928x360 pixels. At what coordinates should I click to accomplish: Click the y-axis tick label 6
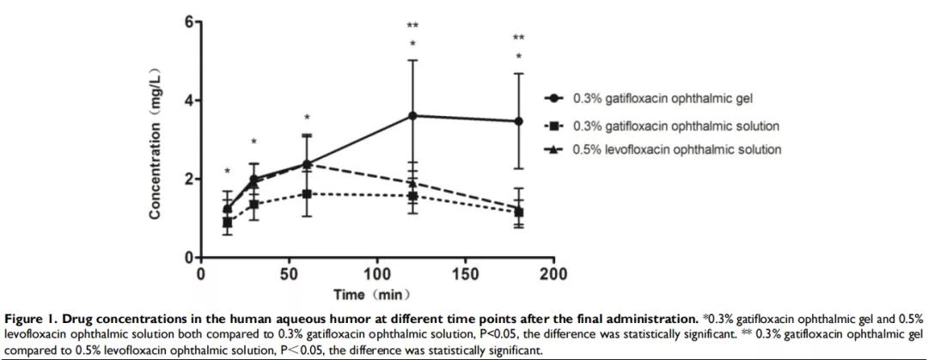click(x=186, y=21)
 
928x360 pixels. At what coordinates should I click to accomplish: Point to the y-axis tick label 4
click(x=186, y=101)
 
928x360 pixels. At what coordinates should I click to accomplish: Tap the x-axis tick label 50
click(x=289, y=274)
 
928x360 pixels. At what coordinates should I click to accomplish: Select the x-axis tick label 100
click(x=377, y=274)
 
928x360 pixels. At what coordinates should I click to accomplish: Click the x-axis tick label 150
click(x=466, y=274)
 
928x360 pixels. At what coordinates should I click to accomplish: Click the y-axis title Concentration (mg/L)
click(x=156, y=140)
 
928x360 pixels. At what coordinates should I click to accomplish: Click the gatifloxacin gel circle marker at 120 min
click(x=413, y=115)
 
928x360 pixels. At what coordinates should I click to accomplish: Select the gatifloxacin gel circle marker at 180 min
click(x=519, y=121)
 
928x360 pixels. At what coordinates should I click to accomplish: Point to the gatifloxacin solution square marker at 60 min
click(x=307, y=194)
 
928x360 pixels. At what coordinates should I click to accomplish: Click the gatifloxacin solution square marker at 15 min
click(x=228, y=223)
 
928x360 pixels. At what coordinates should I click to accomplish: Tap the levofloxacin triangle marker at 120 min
click(x=413, y=182)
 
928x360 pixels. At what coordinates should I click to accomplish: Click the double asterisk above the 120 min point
click(x=413, y=26)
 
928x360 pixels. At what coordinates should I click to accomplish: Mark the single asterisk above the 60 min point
click(x=307, y=119)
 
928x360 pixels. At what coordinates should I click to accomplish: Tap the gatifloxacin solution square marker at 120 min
click(x=413, y=196)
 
